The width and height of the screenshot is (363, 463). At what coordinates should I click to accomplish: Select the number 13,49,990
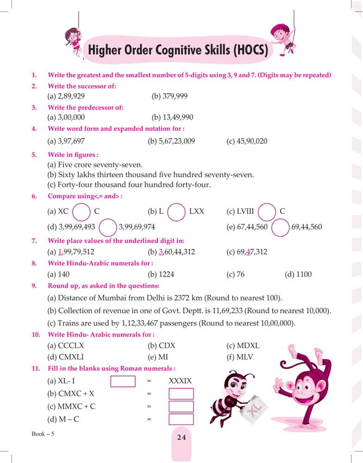point(172,117)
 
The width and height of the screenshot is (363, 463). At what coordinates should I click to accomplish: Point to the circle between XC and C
point(81,212)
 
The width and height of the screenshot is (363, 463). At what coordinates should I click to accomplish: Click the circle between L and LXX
point(176,212)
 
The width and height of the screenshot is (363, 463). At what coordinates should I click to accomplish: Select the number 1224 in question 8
point(166,275)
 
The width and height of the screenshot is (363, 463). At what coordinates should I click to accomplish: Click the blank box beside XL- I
point(123,381)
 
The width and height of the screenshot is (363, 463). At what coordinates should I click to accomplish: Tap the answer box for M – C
point(181,419)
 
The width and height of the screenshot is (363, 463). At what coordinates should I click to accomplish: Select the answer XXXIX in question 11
point(181,381)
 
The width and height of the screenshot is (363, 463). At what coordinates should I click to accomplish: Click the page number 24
point(181,437)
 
